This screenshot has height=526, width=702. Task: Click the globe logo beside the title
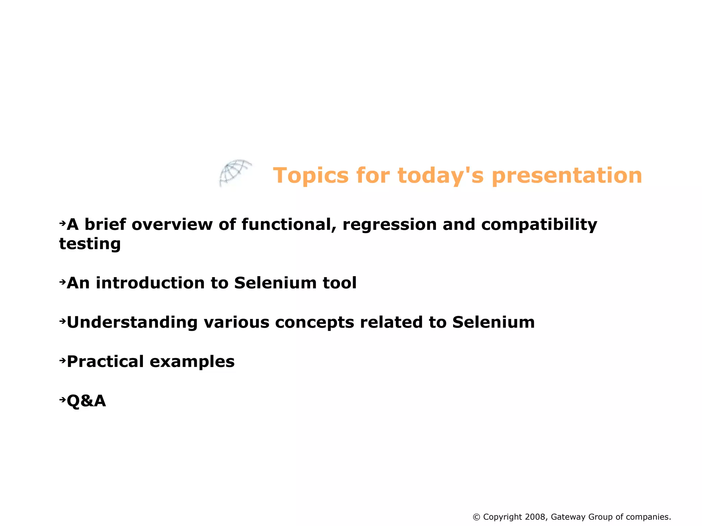(x=235, y=173)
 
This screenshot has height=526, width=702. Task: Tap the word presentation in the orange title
(x=567, y=175)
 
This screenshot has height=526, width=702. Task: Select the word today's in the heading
(x=440, y=175)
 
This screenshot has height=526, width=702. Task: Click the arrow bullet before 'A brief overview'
(x=62, y=223)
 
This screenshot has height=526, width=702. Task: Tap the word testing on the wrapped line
(x=90, y=244)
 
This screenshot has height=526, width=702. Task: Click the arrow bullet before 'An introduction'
(x=62, y=282)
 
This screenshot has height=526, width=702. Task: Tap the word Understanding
(x=132, y=322)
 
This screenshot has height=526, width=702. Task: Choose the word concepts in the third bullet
(x=314, y=323)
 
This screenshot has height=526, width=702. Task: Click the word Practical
(x=105, y=362)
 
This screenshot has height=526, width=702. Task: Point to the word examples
(x=192, y=362)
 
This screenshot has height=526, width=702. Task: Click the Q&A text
(x=86, y=401)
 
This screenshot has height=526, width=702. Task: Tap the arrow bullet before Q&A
(x=62, y=400)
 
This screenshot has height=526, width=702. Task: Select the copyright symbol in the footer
(x=476, y=517)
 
